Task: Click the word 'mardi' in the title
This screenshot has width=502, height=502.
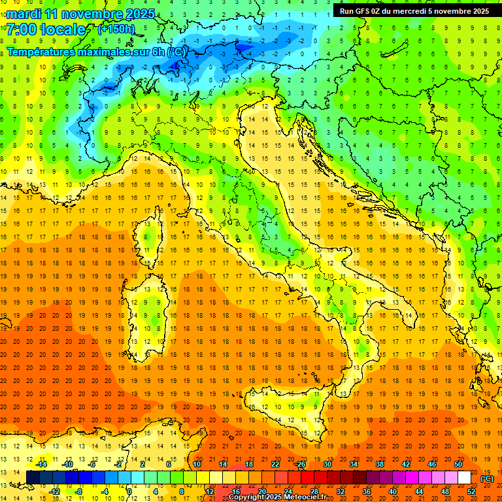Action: pyautogui.click(x=25, y=14)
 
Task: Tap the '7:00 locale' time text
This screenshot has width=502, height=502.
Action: pyautogui.click(x=46, y=29)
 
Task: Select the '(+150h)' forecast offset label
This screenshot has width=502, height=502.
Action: pyautogui.click(x=116, y=29)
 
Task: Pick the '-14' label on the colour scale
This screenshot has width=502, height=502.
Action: pyautogui.click(x=41, y=464)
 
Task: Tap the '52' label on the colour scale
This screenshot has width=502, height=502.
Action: pyautogui.click(x=471, y=492)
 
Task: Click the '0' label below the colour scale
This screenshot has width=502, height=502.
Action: pyautogui.click(x=129, y=492)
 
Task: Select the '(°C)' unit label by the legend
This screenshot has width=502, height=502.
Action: pyautogui.click(x=487, y=478)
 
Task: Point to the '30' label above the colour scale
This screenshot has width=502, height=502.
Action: pyautogui.click(x=327, y=464)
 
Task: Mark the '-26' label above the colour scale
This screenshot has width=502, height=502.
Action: pyautogui.click(x=300, y=464)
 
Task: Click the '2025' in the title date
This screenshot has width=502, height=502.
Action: pyautogui.click(x=140, y=14)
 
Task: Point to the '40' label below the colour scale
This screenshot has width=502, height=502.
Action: pyautogui.click(x=393, y=492)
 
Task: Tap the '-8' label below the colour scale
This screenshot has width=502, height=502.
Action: pyautogui.click(x=80, y=492)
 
